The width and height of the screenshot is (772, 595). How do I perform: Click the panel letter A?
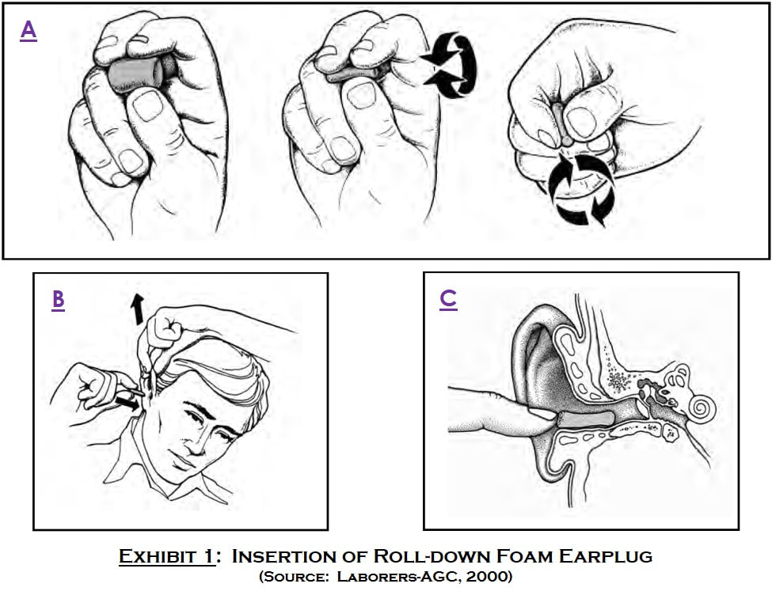click(x=29, y=31)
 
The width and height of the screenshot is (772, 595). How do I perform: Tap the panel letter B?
click(x=58, y=300)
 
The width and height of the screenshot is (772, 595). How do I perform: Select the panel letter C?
click(x=448, y=299)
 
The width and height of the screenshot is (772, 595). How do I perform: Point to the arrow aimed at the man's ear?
click(x=126, y=403)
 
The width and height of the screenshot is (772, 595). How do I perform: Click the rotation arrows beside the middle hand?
click(x=451, y=64)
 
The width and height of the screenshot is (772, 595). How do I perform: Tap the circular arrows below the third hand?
click(x=582, y=189)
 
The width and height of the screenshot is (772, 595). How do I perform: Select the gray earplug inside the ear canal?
click(x=586, y=419)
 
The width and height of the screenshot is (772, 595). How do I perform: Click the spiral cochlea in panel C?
click(x=702, y=407)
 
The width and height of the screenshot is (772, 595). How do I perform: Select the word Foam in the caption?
click(x=524, y=556)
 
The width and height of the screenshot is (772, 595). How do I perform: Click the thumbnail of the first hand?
click(x=147, y=105)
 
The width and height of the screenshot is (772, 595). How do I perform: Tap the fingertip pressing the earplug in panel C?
click(x=542, y=415)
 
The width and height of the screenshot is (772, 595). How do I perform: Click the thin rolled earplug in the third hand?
click(x=561, y=123)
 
